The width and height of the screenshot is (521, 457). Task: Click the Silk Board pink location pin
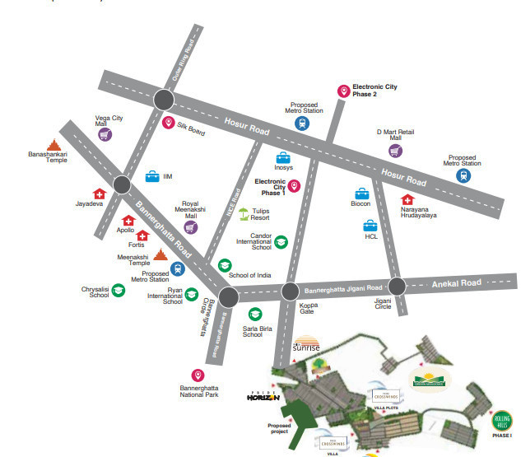[169, 124]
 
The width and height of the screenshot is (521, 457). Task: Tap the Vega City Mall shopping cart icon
[105, 134]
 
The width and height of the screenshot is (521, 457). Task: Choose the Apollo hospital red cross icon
[128, 221]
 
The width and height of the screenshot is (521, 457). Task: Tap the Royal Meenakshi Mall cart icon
[191, 227]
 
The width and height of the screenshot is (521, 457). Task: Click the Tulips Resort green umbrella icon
[244, 215]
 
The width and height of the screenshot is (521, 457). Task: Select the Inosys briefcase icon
[283, 158]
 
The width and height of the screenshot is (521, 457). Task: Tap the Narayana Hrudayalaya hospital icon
[407, 200]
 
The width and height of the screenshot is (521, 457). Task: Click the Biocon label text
[361, 203]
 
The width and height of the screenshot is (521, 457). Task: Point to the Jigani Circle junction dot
[397, 286]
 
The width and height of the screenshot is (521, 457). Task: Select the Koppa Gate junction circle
[290, 291]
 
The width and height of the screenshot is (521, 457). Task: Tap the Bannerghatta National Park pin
[198, 375]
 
